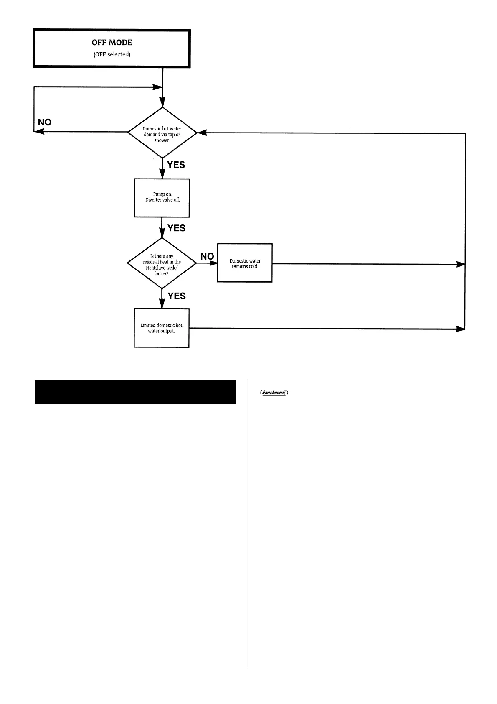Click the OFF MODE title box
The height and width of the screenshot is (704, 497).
[x=112, y=48]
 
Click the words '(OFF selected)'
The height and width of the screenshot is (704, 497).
[x=112, y=55]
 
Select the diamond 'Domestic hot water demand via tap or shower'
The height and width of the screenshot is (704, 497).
[x=162, y=133]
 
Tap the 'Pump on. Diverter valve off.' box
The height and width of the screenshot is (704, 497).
[x=162, y=198]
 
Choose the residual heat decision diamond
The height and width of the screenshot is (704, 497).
[x=162, y=263]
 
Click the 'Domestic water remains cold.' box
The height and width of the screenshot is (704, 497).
[x=245, y=263]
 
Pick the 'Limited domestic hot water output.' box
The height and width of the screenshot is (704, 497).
[x=162, y=328]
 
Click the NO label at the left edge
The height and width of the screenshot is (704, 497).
[x=45, y=122]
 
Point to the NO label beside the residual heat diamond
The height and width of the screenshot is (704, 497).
[x=207, y=256]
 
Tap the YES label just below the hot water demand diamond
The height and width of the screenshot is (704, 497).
[x=176, y=165]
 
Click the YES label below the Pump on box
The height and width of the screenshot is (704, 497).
[x=176, y=228]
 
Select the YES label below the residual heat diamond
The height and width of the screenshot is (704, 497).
[x=177, y=296]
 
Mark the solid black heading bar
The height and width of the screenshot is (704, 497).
[x=135, y=392]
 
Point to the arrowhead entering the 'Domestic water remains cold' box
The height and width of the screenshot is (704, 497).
[x=213, y=263]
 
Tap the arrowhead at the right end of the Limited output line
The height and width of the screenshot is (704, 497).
[x=460, y=329]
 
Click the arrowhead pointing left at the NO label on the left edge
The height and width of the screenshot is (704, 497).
[x=39, y=132]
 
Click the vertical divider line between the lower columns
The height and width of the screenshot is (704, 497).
[x=248, y=523]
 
